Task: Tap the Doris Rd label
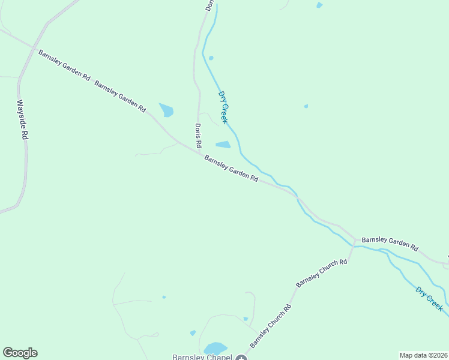point(198,136)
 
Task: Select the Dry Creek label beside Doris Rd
point(223,107)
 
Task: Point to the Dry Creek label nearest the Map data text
point(429,298)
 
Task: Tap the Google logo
point(20,353)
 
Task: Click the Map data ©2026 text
point(423,355)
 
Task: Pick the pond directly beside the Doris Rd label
point(223,145)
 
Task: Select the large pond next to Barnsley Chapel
point(215,349)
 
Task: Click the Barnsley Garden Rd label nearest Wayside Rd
point(64,65)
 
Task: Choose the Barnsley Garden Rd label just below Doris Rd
point(231,169)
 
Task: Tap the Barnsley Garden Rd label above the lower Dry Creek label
point(390,242)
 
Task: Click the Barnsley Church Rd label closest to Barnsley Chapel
point(271,326)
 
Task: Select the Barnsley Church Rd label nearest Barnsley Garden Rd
point(322,273)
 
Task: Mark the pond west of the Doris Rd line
point(166,110)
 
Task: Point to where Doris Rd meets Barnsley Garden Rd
point(199,153)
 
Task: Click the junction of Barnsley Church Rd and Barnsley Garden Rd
point(355,242)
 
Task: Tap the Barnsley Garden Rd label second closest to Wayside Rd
point(120,95)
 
